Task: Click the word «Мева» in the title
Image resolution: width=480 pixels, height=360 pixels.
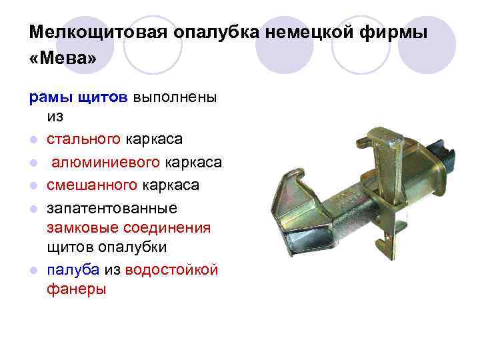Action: coord(63,59)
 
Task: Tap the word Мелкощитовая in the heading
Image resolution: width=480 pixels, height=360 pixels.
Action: coord(98,32)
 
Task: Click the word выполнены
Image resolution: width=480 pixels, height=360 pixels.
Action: coord(175,97)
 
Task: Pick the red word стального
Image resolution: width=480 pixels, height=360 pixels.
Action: coord(83,140)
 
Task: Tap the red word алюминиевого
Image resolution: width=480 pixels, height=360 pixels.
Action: coord(105,162)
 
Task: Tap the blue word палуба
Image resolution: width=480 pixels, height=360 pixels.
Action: coord(73,269)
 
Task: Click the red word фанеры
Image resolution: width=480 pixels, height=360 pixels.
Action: coord(77,290)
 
